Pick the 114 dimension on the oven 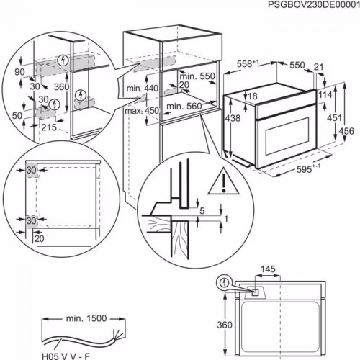324,94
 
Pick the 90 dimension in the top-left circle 19,73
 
